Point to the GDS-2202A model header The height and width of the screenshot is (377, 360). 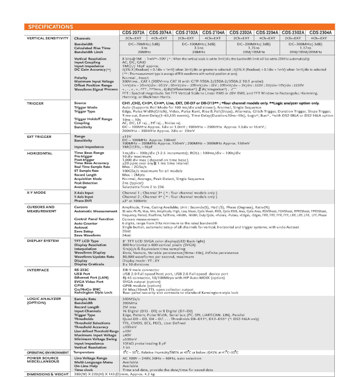pos(239,32)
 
